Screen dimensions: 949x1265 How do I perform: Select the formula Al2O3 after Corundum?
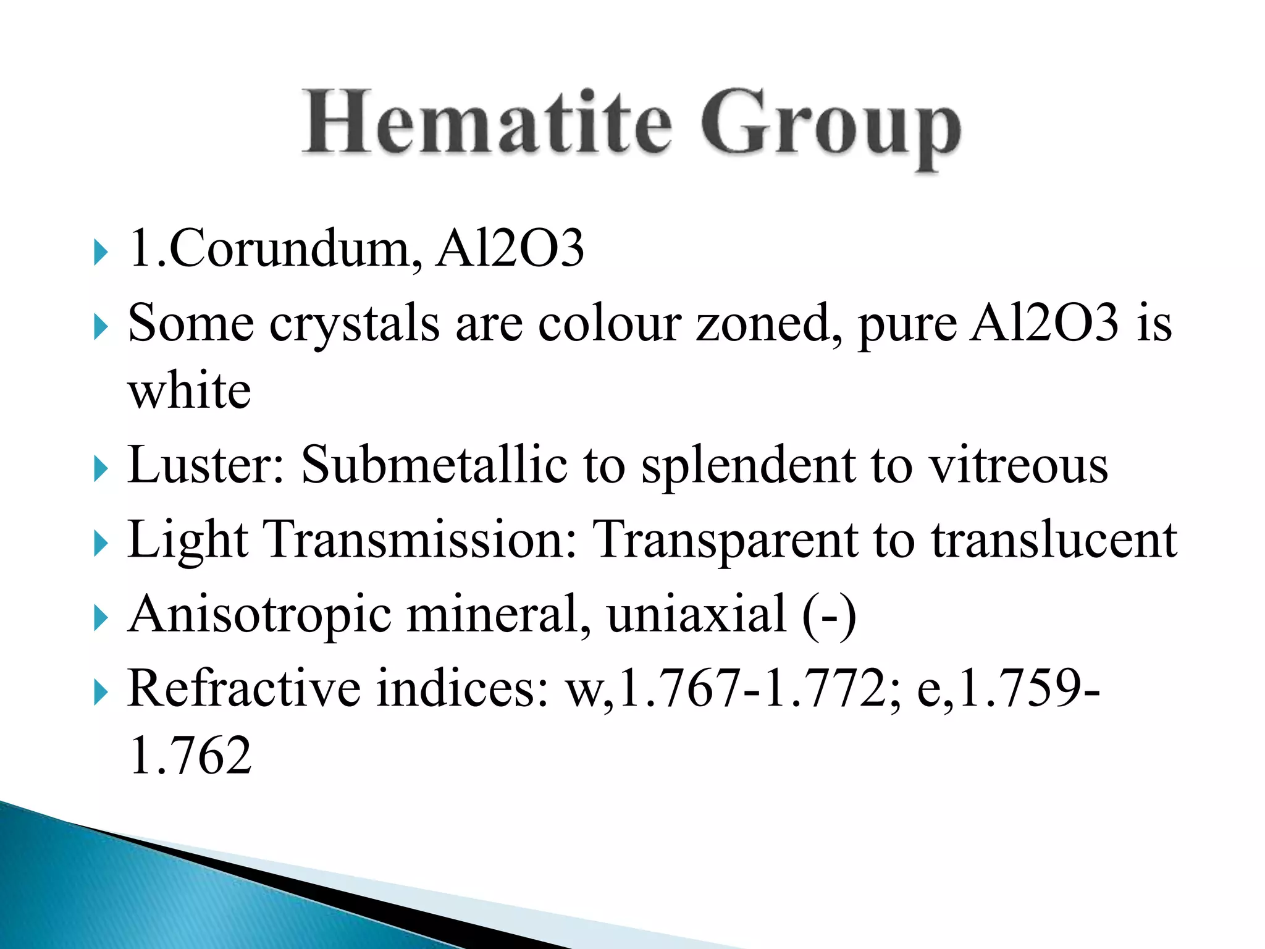pyautogui.click(x=510, y=248)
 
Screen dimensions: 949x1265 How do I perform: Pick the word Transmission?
pyautogui.click(x=419, y=540)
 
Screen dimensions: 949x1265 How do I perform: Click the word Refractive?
pyautogui.click(x=244, y=689)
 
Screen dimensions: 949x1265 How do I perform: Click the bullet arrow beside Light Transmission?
pyautogui.click(x=101, y=544)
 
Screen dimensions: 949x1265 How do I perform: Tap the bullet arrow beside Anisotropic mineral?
pyautogui.click(x=101, y=618)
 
